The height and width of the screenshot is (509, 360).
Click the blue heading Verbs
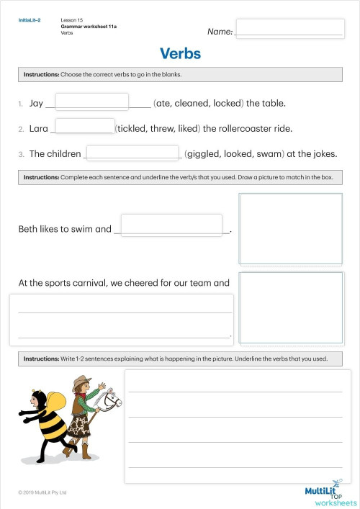tap(180, 54)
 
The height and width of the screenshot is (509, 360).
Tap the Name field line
tap(288, 31)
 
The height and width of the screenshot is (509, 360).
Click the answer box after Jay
tap(91, 102)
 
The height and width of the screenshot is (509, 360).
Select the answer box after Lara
tap(84, 127)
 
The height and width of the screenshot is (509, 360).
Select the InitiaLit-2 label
tap(30, 20)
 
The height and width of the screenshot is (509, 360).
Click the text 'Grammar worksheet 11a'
tap(89, 26)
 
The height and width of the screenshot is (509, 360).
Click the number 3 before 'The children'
tap(22, 154)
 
